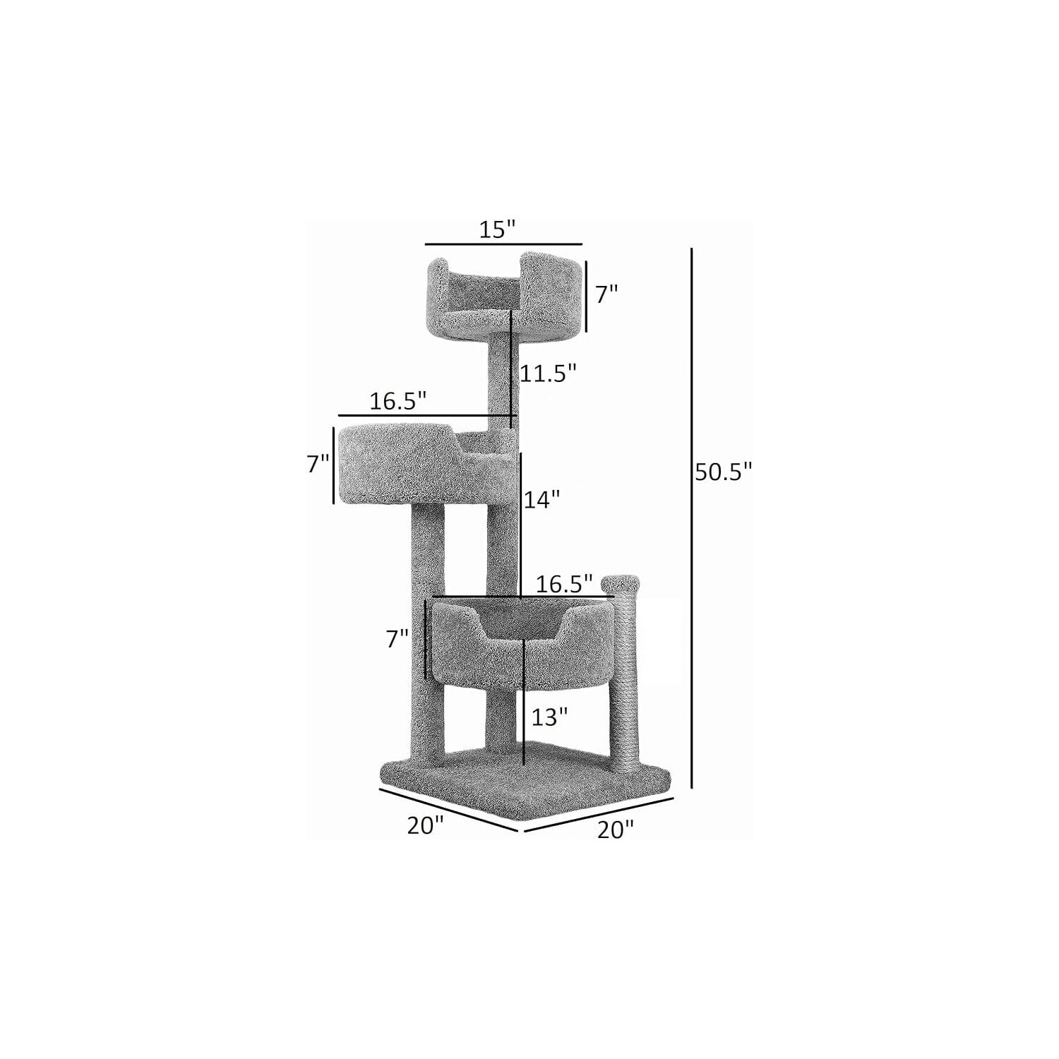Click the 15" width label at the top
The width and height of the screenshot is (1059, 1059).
[498, 229]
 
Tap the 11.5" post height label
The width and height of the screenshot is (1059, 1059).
[549, 373]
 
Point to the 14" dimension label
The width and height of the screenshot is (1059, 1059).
[542, 499]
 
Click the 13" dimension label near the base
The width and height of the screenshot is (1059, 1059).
[549, 717]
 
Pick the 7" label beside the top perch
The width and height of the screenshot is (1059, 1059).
[606, 294]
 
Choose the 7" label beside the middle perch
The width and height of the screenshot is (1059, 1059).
[318, 465]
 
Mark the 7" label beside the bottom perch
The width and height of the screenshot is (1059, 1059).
[397, 639]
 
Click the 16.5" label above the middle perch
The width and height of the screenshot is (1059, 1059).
[398, 401]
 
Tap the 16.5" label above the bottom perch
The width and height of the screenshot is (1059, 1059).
[563, 584]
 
